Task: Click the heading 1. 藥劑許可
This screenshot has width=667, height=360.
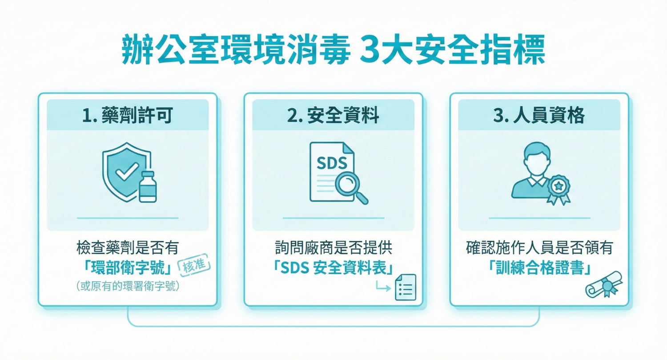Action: (128, 115)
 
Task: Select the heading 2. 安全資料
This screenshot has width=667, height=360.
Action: (333, 115)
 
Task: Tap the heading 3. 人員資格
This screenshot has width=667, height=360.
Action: (539, 115)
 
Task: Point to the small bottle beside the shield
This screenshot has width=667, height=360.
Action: (147, 186)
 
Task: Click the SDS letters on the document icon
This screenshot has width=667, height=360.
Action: (331, 163)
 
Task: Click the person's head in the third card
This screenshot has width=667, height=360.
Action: (532, 157)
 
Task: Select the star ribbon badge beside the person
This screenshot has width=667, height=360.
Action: (558, 188)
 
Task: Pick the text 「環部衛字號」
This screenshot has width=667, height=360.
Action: (128, 268)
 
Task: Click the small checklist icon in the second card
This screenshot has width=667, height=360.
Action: (405, 287)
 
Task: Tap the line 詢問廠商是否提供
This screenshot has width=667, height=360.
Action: (333, 247)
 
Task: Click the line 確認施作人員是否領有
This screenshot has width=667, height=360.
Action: (539, 247)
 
